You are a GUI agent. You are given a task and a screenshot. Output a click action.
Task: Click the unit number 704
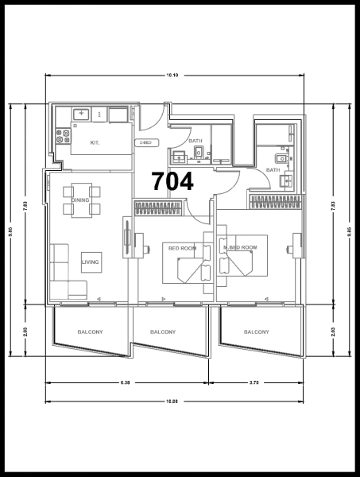click(x=172, y=181)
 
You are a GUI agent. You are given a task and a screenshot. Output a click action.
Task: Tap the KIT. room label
click(x=95, y=143)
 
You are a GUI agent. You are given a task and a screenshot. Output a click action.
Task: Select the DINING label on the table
click(x=80, y=200)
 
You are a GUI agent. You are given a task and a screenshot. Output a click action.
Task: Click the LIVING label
click(x=90, y=260)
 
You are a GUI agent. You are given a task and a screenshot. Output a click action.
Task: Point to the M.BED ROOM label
click(x=241, y=248)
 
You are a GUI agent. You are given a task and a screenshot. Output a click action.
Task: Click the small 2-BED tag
click(x=145, y=143)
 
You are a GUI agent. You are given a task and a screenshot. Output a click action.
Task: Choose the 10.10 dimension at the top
click(x=172, y=75)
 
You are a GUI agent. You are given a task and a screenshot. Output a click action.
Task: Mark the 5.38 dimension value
click(x=125, y=383)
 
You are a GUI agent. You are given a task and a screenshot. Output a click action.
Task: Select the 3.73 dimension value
click(x=254, y=383)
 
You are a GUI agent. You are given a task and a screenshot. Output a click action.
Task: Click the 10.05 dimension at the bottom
click(x=172, y=401)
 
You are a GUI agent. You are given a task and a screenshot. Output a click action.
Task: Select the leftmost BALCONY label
click(x=90, y=332)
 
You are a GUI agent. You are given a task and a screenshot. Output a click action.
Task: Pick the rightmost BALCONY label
click(x=256, y=332)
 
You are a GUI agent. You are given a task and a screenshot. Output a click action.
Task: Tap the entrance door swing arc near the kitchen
click(x=149, y=119)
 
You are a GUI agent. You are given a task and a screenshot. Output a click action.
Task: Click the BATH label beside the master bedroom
click(x=273, y=169)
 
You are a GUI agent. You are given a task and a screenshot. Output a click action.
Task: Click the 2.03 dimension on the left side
click(x=25, y=330)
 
